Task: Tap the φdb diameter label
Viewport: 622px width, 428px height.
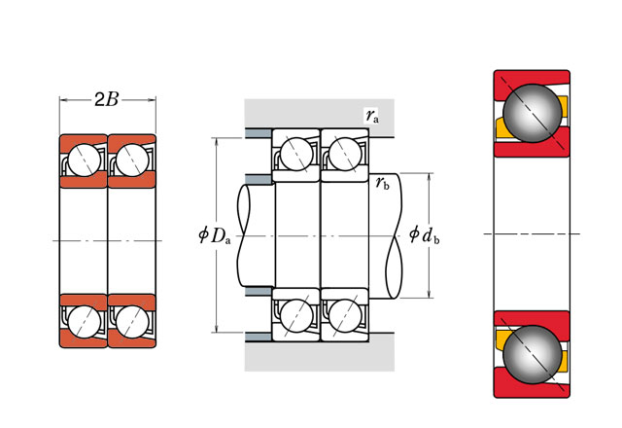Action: click(x=426, y=234)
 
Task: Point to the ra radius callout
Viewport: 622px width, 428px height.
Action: click(x=372, y=116)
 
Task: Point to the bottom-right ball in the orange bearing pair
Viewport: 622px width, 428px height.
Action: click(x=129, y=320)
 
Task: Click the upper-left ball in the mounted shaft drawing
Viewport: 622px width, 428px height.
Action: click(x=296, y=154)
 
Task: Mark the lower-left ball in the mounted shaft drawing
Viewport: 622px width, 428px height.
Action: click(x=296, y=314)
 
